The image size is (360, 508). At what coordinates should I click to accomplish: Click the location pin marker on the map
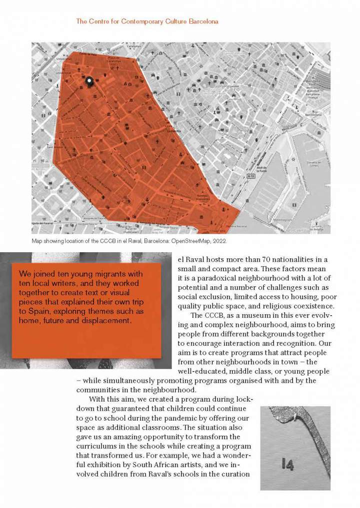click(x=89, y=82)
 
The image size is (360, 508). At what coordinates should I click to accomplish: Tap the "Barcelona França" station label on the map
click(x=315, y=90)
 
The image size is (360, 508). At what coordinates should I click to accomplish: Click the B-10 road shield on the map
click(x=251, y=176)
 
